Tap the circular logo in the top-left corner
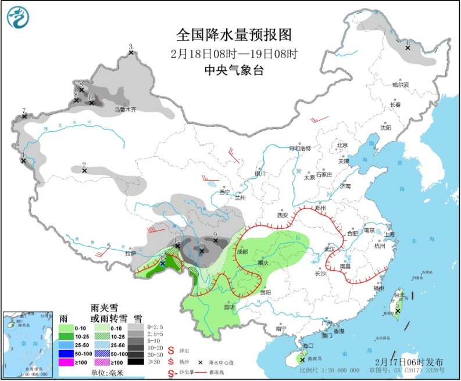(18, 17)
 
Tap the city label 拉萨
(130, 253)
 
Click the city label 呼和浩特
(301, 148)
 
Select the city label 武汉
(331, 249)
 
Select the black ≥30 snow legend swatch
(138, 362)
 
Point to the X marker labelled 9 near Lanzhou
(215, 240)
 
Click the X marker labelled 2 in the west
(84, 171)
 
